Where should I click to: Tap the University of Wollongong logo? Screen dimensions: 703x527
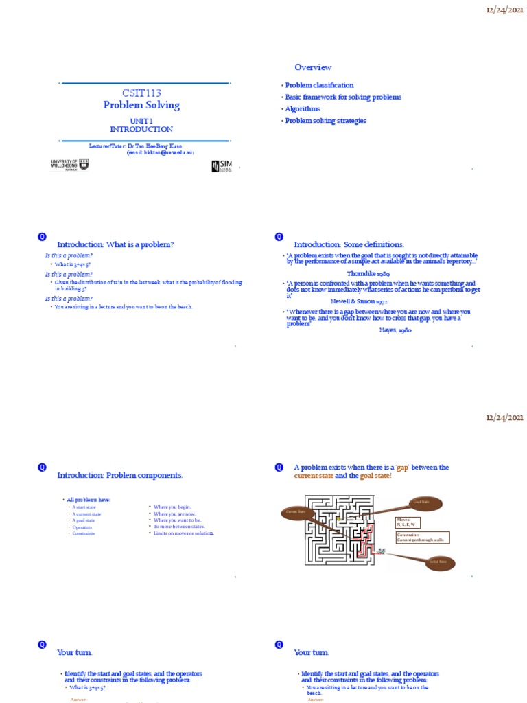(70, 164)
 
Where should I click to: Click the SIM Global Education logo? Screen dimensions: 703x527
(221, 166)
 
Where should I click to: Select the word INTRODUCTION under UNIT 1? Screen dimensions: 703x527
(141, 129)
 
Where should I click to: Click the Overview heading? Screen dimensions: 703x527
(313, 67)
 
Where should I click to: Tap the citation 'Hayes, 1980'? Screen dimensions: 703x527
(396, 330)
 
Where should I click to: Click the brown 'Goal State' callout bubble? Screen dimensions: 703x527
(420, 503)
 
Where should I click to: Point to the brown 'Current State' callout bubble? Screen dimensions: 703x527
(297, 512)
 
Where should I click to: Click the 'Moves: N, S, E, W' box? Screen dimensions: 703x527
(409, 522)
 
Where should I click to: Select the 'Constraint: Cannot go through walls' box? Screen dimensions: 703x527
(421, 538)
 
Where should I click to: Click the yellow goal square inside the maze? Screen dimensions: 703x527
(338, 518)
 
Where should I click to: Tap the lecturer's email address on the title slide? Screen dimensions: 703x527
(161, 153)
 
